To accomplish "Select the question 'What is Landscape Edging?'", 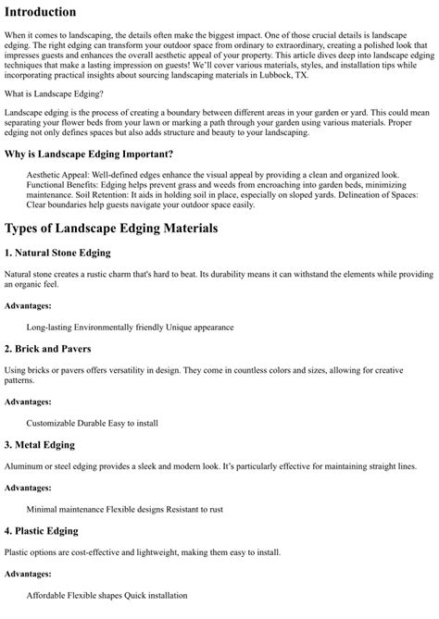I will [x=54, y=119].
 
